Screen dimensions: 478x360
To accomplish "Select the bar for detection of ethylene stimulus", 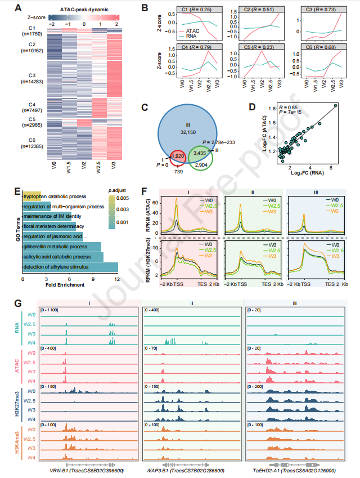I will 70,266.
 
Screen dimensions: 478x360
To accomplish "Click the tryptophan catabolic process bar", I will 31,196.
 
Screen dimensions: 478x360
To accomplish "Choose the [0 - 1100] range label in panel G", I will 48,311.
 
